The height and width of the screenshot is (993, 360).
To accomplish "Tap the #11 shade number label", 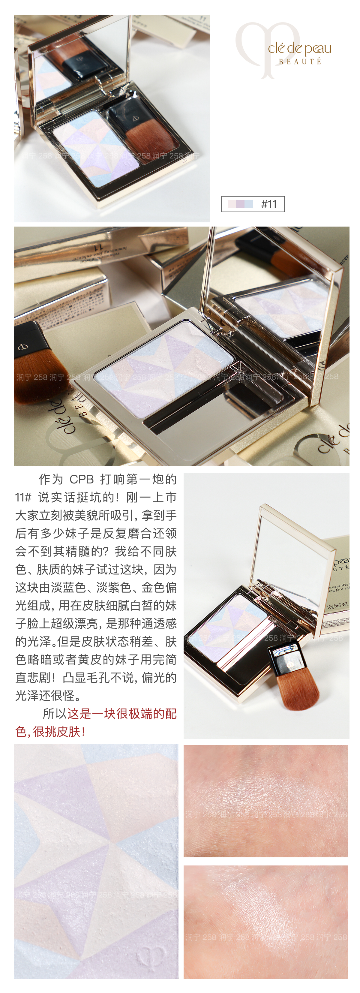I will [269, 204].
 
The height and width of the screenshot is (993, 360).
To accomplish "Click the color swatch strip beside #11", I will [240, 204].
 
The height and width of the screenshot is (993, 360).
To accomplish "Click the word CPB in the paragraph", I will [81, 480].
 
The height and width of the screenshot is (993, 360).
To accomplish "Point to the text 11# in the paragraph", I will [23, 498].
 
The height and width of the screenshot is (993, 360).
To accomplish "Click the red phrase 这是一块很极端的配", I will [122, 714].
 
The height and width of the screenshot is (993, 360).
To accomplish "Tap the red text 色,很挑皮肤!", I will [50, 732].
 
